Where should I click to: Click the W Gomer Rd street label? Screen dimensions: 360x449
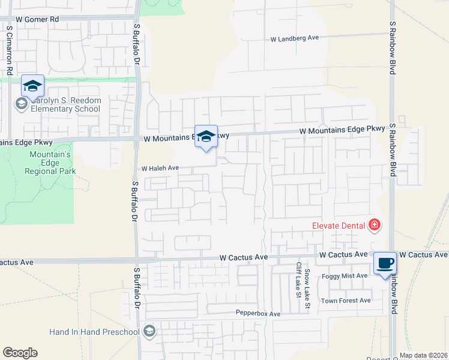pyautogui.click(x=37, y=20)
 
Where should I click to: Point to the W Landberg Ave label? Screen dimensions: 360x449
pyautogui.click(x=294, y=38)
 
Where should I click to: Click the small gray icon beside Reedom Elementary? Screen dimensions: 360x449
pyautogui.click(x=21, y=104)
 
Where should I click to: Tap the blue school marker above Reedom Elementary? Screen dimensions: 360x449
pyautogui.click(x=32, y=86)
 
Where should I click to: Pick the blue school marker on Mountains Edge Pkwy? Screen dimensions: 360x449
pyautogui.click(x=206, y=136)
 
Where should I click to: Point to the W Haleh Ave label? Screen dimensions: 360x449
pyautogui.click(x=160, y=169)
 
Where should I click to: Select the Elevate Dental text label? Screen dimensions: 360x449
pyautogui.click(x=339, y=226)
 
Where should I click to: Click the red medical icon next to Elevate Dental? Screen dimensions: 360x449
pyautogui.click(x=375, y=225)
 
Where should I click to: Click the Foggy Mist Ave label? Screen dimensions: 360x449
pyautogui.click(x=345, y=275)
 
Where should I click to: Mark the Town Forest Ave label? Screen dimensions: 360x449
pyautogui.click(x=346, y=301)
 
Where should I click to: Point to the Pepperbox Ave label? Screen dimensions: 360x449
pyautogui.click(x=258, y=314)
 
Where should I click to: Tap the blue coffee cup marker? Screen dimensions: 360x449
pyautogui.click(x=385, y=263)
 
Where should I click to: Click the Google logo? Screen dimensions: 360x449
pyautogui.click(x=20, y=353)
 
